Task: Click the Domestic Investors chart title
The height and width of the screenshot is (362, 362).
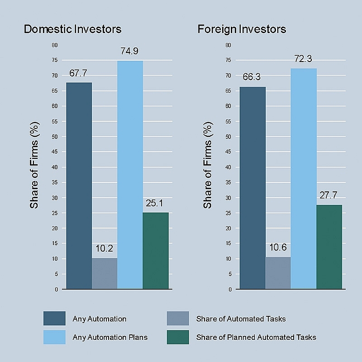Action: click(x=72, y=29)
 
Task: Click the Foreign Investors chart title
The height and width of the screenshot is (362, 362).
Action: click(x=242, y=29)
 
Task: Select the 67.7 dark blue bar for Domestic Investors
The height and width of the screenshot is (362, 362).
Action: click(x=79, y=186)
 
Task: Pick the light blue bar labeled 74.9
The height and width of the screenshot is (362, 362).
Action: click(x=130, y=175)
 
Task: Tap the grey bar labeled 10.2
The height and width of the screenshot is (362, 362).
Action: click(x=105, y=273)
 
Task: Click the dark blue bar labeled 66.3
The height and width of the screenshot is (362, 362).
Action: click(x=252, y=188)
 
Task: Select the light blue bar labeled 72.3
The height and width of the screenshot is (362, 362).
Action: click(x=304, y=179)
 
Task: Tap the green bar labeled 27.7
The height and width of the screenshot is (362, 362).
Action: click(x=329, y=247)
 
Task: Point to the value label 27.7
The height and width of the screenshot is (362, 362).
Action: click(x=329, y=195)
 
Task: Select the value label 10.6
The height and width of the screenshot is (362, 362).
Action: click(x=277, y=248)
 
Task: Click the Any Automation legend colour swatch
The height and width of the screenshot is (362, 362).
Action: click(x=54, y=319)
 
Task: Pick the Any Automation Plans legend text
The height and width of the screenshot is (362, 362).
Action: click(x=110, y=337)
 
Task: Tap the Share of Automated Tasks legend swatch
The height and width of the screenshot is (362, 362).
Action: click(x=178, y=319)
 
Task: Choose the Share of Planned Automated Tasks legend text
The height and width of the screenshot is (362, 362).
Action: click(x=256, y=337)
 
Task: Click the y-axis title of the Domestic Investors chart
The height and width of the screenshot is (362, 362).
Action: click(x=35, y=165)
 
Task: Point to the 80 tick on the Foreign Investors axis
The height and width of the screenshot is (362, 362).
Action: click(x=228, y=45)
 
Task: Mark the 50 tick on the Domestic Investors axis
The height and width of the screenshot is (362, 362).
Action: click(x=55, y=137)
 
